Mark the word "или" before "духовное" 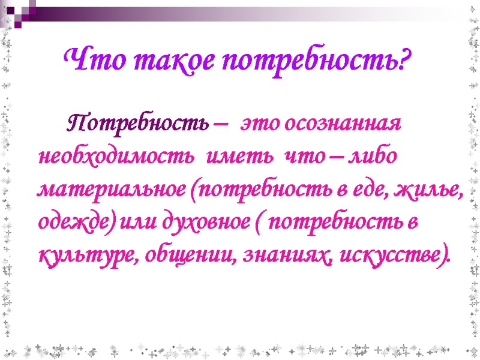(133, 223)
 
